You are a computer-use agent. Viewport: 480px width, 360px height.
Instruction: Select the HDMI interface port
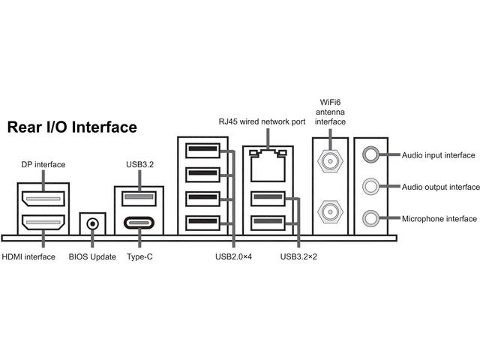coord(43,223)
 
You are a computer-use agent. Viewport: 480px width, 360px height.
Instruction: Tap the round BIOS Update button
coord(92,223)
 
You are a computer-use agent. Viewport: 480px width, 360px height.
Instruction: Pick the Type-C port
coord(138,223)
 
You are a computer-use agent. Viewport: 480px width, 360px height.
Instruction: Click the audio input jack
coord(370,154)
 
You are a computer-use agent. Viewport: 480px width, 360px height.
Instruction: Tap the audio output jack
coord(370,186)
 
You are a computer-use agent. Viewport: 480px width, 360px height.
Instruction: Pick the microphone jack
coord(370,218)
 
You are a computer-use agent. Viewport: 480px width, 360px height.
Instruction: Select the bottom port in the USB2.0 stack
coord(202,222)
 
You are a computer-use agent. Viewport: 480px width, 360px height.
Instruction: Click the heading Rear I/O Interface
coord(72,127)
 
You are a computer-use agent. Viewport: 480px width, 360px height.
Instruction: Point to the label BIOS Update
coord(92,257)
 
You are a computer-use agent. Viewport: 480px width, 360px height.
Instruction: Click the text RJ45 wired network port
coord(262,121)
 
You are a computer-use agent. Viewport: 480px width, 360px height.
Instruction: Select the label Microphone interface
coord(439,219)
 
